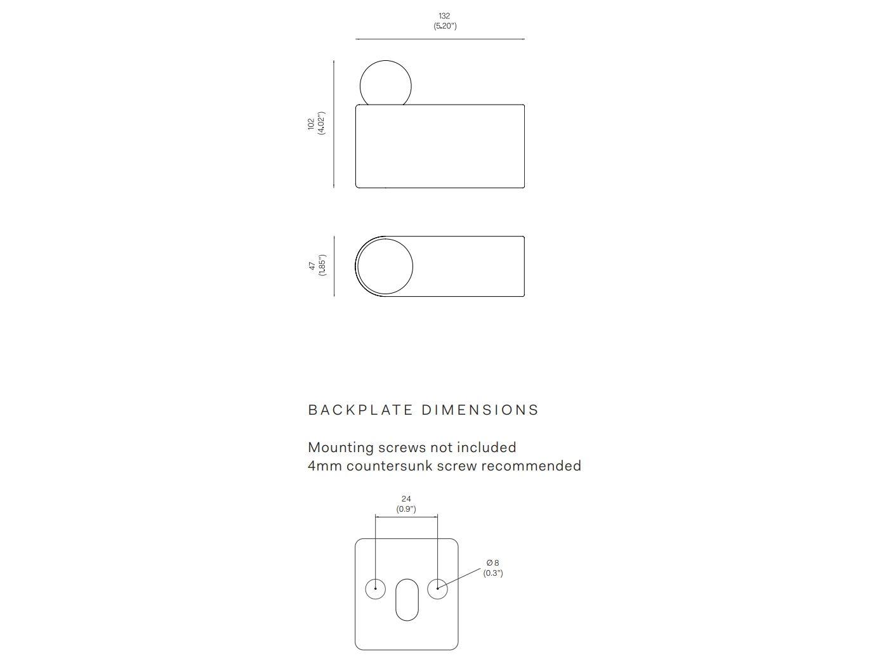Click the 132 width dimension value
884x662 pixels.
[x=444, y=16]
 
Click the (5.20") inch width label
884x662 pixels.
[x=445, y=26]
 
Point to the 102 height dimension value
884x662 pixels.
[x=311, y=123]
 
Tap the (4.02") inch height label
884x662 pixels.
[x=321, y=123]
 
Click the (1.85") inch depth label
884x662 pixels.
[x=322, y=266]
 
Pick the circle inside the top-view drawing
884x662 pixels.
[x=385, y=266]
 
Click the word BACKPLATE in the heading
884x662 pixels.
[x=360, y=410]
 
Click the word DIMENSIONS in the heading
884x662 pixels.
[x=480, y=410]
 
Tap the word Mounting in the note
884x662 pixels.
[x=341, y=448]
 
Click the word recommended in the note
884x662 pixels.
[x=531, y=466]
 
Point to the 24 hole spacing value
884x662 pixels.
[x=406, y=499]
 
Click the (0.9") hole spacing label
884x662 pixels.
[x=406, y=509]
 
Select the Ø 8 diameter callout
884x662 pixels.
[x=492, y=563]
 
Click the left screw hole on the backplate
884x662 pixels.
[x=376, y=588]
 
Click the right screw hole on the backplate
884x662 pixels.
[x=437, y=588]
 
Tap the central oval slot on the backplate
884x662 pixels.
[x=407, y=599]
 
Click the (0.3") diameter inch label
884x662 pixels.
[x=493, y=573]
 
